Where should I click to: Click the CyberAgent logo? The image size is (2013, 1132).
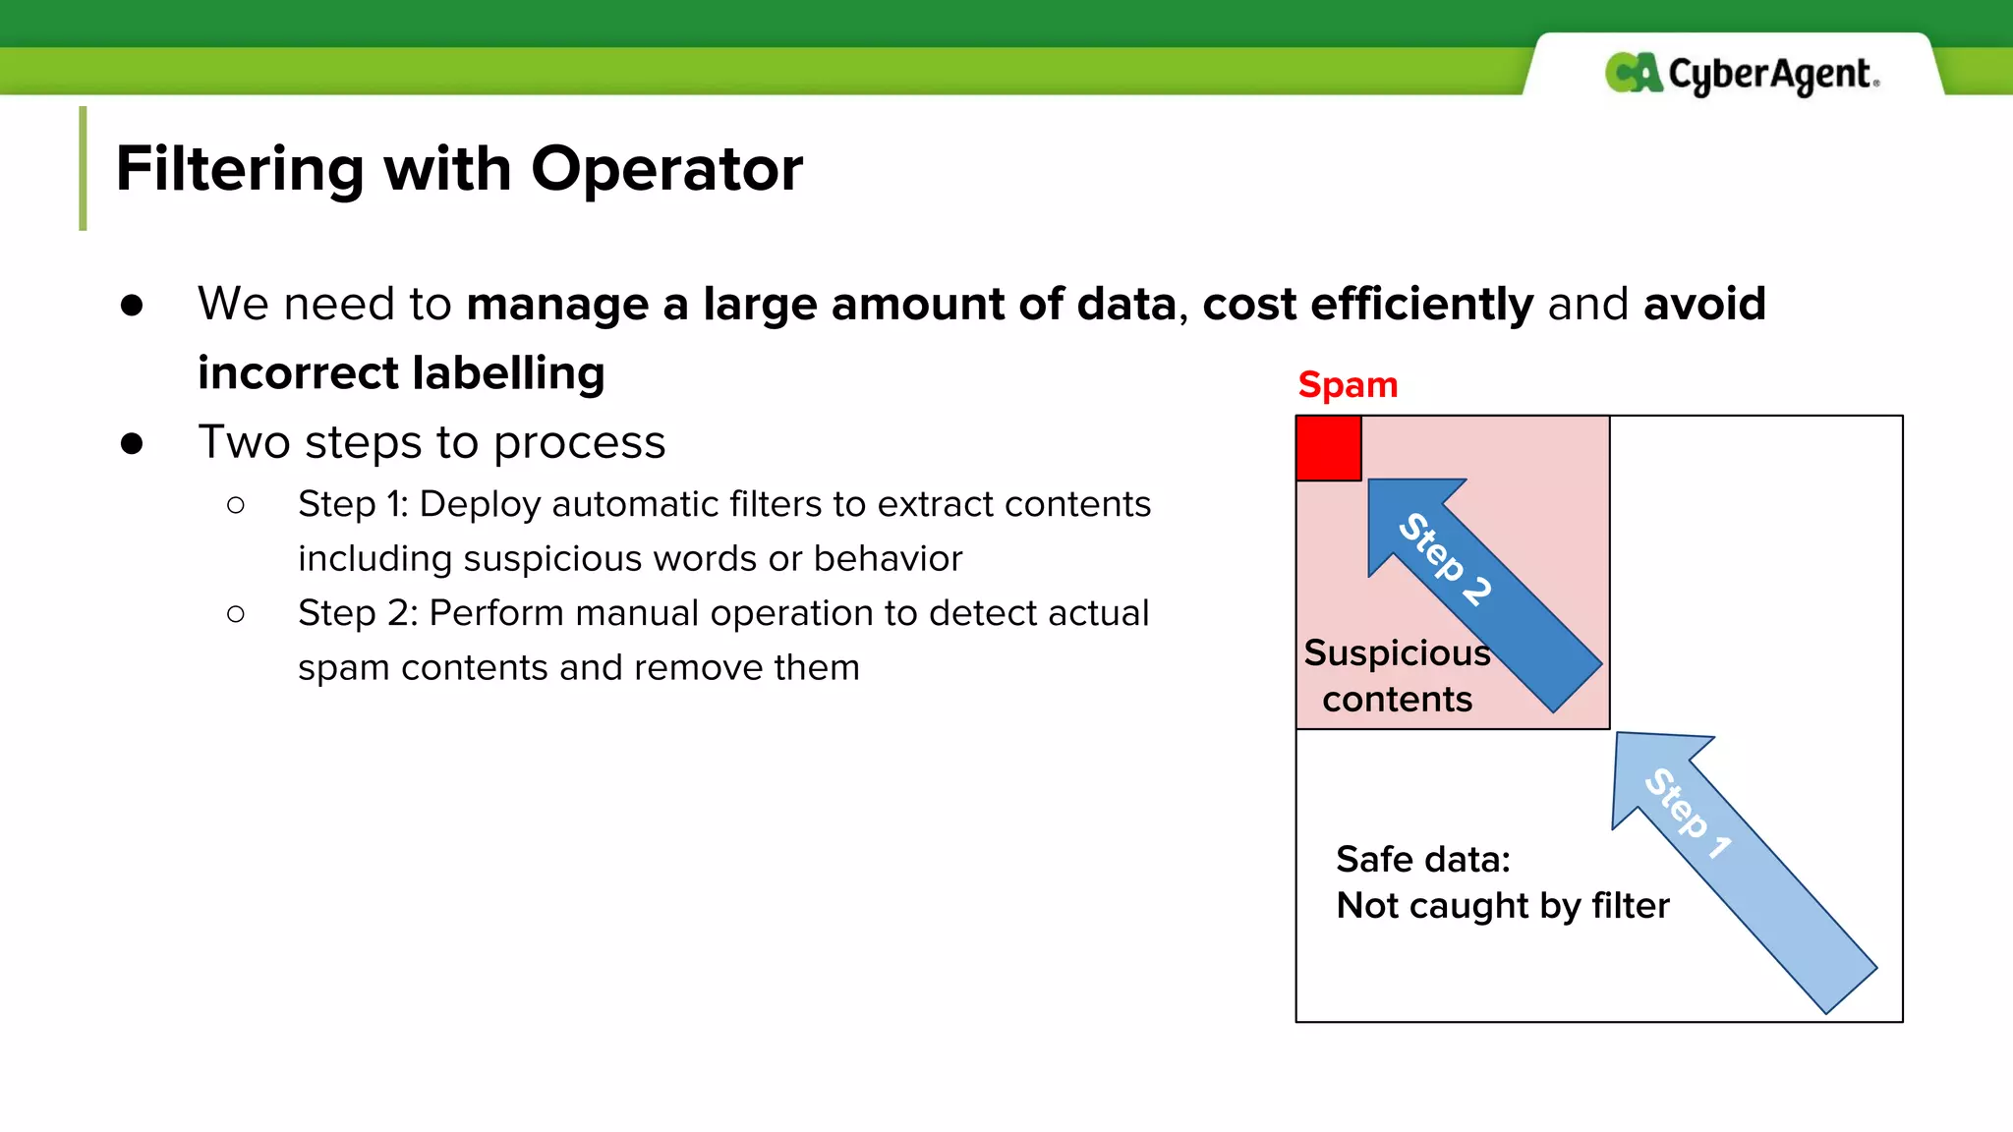(1742, 74)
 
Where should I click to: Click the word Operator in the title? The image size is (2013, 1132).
(666, 168)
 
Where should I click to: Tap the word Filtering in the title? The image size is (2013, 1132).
(240, 168)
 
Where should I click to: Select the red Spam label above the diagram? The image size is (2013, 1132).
(1348, 384)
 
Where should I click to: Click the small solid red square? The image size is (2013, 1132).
(1328, 448)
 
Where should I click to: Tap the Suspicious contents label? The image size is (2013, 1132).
(1397, 675)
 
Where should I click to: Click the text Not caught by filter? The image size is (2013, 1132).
(1502, 905)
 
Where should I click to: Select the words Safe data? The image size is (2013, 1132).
(1422, 859)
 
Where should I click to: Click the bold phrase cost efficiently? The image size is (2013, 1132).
(1366, 304)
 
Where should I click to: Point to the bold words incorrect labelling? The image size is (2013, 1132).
(401, 373)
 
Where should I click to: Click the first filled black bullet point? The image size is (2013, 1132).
(132, 305)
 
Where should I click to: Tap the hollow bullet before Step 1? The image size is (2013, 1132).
(235, 505)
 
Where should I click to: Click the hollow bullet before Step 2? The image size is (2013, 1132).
(235, 614)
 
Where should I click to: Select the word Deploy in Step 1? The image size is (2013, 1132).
(480, 504)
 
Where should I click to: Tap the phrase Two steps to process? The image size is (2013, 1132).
(431, 442)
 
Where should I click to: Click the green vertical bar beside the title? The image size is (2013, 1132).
(83, 168)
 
